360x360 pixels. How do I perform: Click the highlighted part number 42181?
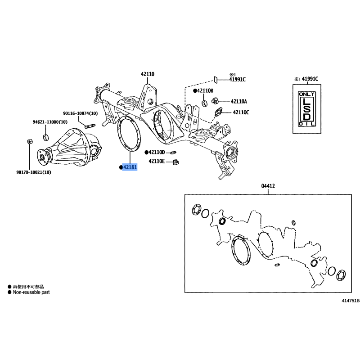coord(130,167)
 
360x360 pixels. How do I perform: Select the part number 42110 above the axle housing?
coord(148,74)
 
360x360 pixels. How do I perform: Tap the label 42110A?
coord(239,101)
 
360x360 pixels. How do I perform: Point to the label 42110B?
coord(205,91)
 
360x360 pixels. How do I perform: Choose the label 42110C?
coord(241,112)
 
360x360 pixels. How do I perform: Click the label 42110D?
coord(157,152)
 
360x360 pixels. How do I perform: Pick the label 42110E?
coord(157,161)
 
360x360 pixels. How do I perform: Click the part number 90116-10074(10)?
coord(81,113)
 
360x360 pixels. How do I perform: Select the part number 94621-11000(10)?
coord(50,122)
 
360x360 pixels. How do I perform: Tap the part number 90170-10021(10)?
coord(34,172)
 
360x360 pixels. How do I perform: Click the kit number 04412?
coord(268,186)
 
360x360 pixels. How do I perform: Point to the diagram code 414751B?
coord(351,301)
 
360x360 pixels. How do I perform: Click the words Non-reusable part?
coord(31,292)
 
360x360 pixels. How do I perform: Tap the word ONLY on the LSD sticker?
coord(307,94)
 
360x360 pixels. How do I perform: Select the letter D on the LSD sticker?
coord(307,117)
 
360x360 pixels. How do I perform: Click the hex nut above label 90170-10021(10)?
coord(30,141)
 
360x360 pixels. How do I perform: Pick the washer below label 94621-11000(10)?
coord(46,138)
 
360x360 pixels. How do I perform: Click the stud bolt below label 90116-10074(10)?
coord(90,126)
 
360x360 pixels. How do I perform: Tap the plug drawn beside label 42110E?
coord(175,162)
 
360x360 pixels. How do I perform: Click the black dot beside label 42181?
coord(121,167)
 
